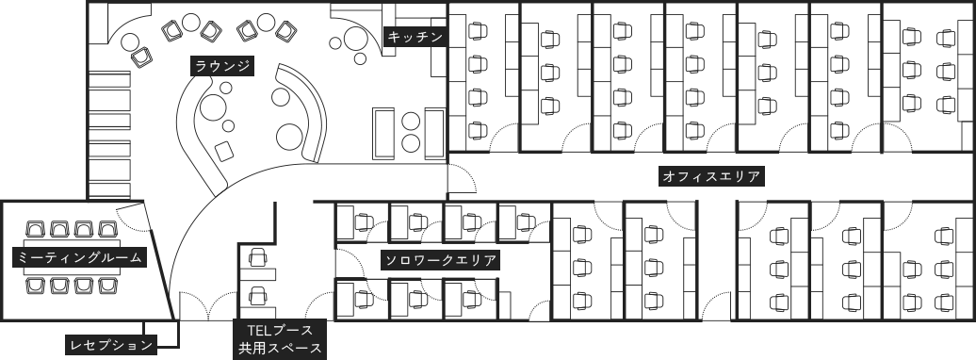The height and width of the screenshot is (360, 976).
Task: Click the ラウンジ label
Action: [222, 66]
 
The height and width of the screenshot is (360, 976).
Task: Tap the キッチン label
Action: [415, 38]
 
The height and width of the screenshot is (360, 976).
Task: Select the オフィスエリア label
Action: [711, 176]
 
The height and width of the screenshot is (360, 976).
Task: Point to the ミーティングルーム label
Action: [80, 257]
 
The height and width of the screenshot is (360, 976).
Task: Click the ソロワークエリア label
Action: [441, 260]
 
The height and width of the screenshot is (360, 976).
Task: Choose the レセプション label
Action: [111, 346]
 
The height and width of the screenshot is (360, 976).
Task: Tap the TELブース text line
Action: [280, 331]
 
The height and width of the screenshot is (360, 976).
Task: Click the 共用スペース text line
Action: [280, 349]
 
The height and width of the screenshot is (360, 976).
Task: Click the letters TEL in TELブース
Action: [259, 331]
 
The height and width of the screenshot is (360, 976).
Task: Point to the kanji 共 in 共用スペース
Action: [245, 349]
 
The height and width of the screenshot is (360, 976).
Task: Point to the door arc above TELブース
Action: [310, 308]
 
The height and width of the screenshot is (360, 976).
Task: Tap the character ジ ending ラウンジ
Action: [243, 66]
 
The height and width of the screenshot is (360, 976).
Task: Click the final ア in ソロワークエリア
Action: [490, 260]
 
